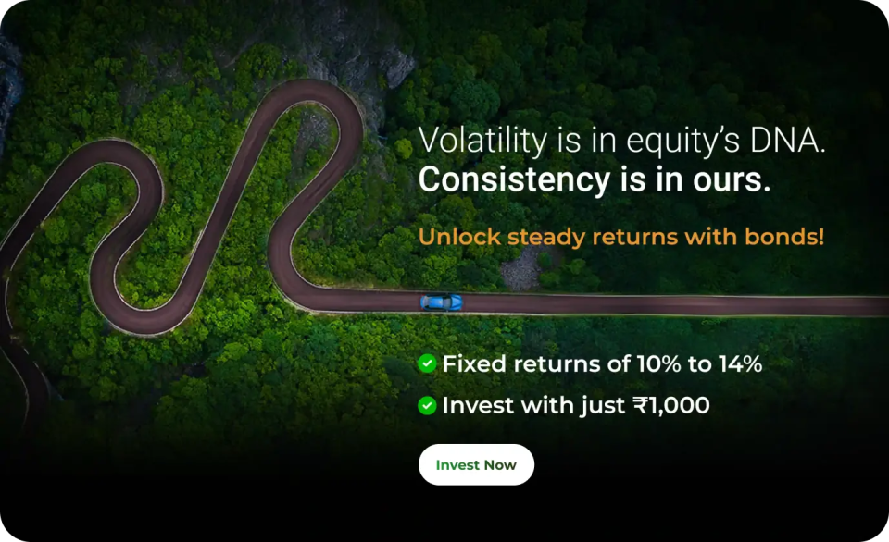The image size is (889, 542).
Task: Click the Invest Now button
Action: (476, 464)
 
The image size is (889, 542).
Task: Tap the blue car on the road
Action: (441, 302)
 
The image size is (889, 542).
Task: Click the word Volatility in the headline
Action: (483, 141)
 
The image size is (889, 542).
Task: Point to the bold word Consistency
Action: (514, 179)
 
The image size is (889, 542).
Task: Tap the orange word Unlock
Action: (460, 237)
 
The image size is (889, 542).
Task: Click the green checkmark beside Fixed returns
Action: (427, 363)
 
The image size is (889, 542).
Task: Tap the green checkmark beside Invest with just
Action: (427, 405)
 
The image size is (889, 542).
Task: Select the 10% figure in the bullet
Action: (658, 363)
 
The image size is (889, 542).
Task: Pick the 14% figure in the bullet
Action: (740, 363)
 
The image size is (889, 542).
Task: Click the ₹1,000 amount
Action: (671, 405)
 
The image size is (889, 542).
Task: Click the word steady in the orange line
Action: (546, 238)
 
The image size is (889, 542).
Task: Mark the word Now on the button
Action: (501, 465)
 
